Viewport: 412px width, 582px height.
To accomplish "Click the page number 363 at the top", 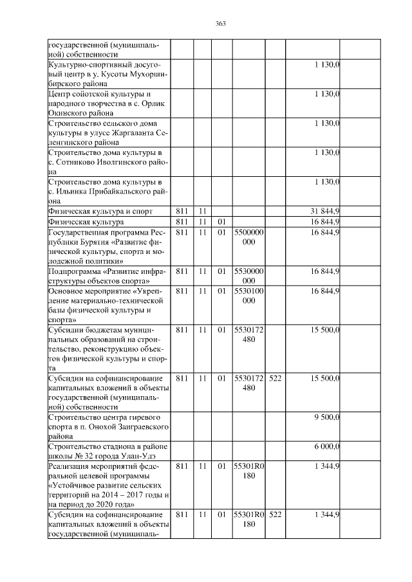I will point(220,24).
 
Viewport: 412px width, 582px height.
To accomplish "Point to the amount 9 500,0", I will point(327,417).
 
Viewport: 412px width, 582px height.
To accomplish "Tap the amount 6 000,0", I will point(327,447).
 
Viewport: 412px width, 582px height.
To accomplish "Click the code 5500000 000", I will point(249,237).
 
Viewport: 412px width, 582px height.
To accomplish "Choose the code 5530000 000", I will point(249,276).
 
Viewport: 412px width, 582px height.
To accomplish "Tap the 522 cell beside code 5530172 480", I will point(276,378).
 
